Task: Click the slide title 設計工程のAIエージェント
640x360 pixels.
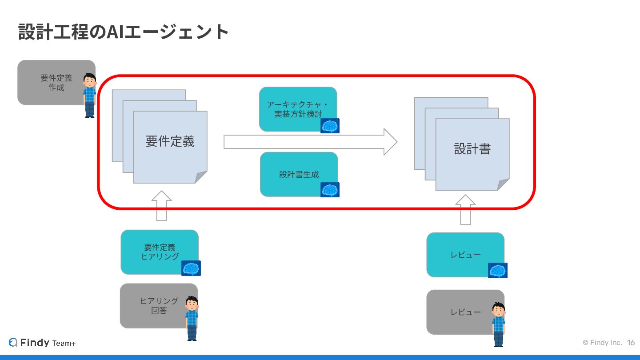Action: pyautogui.click(x=124, y=32)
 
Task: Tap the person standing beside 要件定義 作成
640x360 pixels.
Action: pyautogui.click(x=90, y=95)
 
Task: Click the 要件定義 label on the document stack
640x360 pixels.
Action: pyautogui.click(x=170, y=142)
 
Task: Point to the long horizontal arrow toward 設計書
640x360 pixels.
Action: pyautogui.click(x=310, y=142)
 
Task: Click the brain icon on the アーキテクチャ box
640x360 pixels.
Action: pyautogui.click(x=330, y=126)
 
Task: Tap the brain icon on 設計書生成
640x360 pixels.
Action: pyautogui.click(x=330, y=190)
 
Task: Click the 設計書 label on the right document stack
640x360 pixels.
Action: pyautogui.click(x=472, y=149)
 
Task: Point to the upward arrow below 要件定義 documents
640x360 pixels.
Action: pyautogui.click(x=161, y=206)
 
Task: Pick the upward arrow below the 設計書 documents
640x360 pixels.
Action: pyautogui.click(x=465, y=209)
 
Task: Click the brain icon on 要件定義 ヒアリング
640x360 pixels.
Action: pyautogui.click(x=191, y=268)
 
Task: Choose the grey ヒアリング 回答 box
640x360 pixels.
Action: pyautogui.click(x=156, y=306)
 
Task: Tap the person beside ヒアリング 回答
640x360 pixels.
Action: pyautogui.click(x=192, y=318)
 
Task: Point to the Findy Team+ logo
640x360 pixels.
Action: pyautogui.click(x=42, y=343)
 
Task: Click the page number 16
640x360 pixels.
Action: pyautogui.click(x=631, y=343)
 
